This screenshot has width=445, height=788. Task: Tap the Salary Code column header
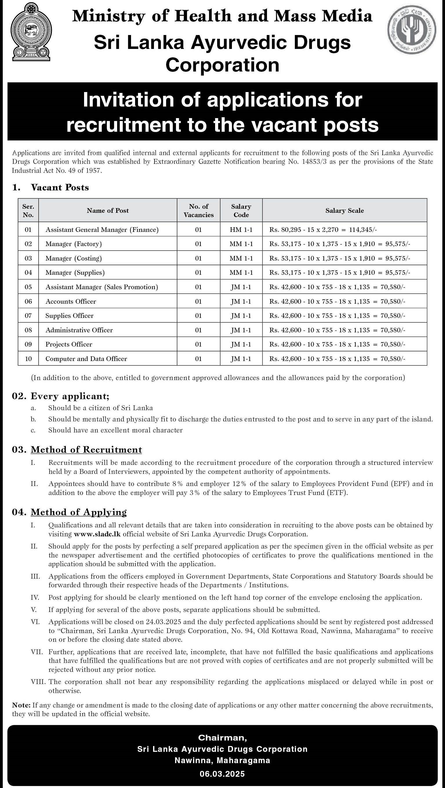[241, 210]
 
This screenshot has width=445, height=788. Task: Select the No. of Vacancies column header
[199, 210]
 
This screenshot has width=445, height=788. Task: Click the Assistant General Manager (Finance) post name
[102, 230]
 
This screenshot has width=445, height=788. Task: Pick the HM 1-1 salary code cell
[241, 230]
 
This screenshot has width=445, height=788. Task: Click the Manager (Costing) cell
[74, 258]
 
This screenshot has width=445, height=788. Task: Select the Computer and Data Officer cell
[86, 358]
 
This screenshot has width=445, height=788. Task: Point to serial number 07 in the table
[28, 315]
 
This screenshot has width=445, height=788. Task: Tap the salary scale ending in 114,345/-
[323, 230]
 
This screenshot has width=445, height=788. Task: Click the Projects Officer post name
[69, 344]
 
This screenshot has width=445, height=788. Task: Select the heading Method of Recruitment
[86, 449]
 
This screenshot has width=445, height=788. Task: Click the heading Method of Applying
[79, 512]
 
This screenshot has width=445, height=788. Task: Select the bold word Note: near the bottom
[21, 705]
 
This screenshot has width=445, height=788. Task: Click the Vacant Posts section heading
[60, 187]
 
